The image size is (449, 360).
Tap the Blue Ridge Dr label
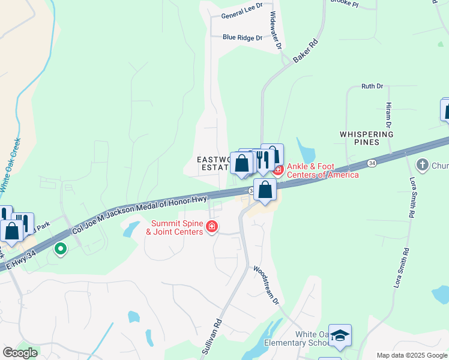(243, 37)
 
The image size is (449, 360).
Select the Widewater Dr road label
(276, 31)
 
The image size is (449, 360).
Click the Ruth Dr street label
(372, 86)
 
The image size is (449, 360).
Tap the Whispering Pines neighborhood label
(367, 138)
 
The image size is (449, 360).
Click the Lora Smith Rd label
(412, 197)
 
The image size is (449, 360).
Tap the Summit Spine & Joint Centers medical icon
(211, 227)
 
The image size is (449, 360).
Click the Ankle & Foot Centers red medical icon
(278, 170)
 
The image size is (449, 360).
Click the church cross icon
(423, 164)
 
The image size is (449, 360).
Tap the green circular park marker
(60, 248)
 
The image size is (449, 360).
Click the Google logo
(20, 353)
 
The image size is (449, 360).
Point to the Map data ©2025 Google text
(411, 355)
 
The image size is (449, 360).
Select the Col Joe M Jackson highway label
(139, 214)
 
